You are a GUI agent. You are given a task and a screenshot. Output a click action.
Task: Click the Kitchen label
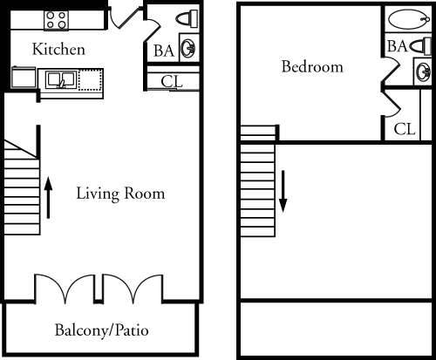(x=58, y=50)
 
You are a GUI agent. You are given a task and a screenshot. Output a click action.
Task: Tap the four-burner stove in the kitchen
(x=55, y=20)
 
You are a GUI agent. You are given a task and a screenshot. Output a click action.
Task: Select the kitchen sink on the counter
(x=59, y=80)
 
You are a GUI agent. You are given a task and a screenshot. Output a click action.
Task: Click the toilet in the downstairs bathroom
(x=187, y=19)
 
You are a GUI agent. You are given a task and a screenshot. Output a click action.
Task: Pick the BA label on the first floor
(x=162, y=51)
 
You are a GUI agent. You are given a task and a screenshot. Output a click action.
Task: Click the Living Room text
(x=119, y=194)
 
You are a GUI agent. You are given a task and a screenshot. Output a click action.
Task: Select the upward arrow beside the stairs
(x=49, y=198)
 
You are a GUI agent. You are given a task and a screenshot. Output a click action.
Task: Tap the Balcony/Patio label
(x=101, y=330)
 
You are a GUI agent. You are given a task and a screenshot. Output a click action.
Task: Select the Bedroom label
(x=311, y=67)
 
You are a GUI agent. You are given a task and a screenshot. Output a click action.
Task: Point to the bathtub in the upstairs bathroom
(x=406, y=18)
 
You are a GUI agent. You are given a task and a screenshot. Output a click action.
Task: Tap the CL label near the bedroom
(x=404, y=129)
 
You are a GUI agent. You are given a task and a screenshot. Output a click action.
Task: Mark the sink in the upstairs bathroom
(x=422, y=70)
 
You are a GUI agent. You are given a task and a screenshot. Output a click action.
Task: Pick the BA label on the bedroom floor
(x=397, y=45)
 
